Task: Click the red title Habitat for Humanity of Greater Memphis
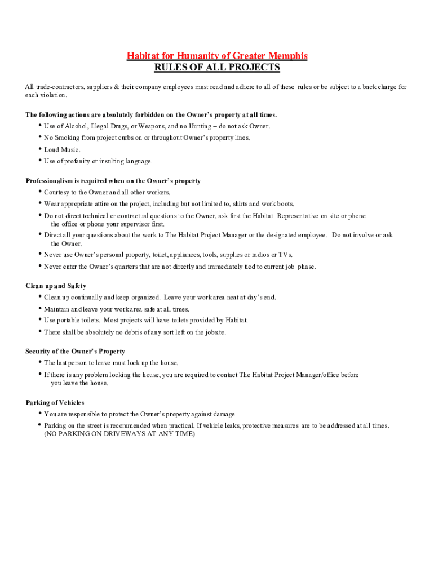[x=217, y=56]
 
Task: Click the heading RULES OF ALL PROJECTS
[x=217, y=68]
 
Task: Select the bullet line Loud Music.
[x=62, y=150]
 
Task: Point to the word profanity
[x=76, y=162]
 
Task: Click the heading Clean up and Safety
[x=56, y=286]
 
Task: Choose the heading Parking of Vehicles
[x=55, y=403]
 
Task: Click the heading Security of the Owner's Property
[x=75, y=352]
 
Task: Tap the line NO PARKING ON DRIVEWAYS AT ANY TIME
[x=119, y=434]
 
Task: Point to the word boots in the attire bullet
[x=284, y=204]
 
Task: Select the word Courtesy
[x=58, y=193]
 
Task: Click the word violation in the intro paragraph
[x=52, y=95]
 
